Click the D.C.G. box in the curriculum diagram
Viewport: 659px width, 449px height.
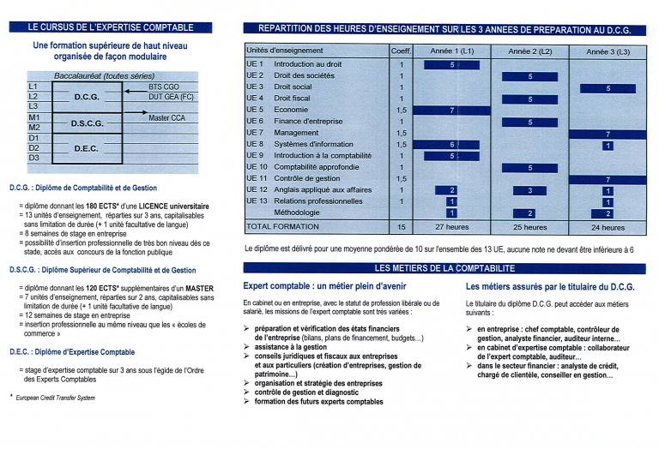click(x=88, y=97)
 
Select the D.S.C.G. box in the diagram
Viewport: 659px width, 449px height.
click(x=88, y=123)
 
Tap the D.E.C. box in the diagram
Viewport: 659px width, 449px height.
click(x=88, y=148)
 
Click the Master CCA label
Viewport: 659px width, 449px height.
click(x=166, y=117)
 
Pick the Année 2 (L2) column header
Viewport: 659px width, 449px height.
click(x=529, y=51)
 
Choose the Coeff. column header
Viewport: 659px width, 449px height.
click(x=401, y=51)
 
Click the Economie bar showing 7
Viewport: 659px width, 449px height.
click(x=451, y=111)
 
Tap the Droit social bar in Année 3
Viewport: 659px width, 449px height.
click(x=608, y=88)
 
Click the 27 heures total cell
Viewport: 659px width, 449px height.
click(x=451, y=227)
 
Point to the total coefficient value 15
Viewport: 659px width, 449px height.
click(x=401, y=227)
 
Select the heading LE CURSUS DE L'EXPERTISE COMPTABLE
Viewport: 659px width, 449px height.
click(x=100, y=27)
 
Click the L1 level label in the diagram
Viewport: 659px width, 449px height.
click(x=33, y=87)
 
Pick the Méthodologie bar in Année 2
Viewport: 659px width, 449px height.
click(x=529, y=213)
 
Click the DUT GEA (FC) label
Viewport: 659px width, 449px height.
click(x=172, y=97)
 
